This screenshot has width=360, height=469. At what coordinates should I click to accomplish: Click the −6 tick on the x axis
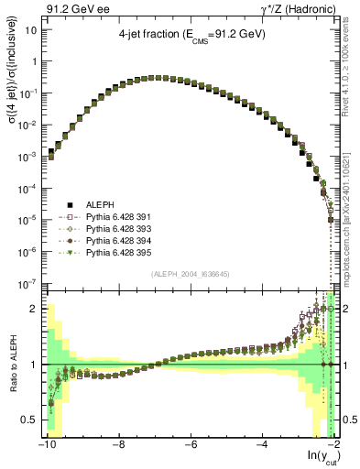point(189,444)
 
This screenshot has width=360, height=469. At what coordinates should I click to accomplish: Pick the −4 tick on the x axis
point(260,444)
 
